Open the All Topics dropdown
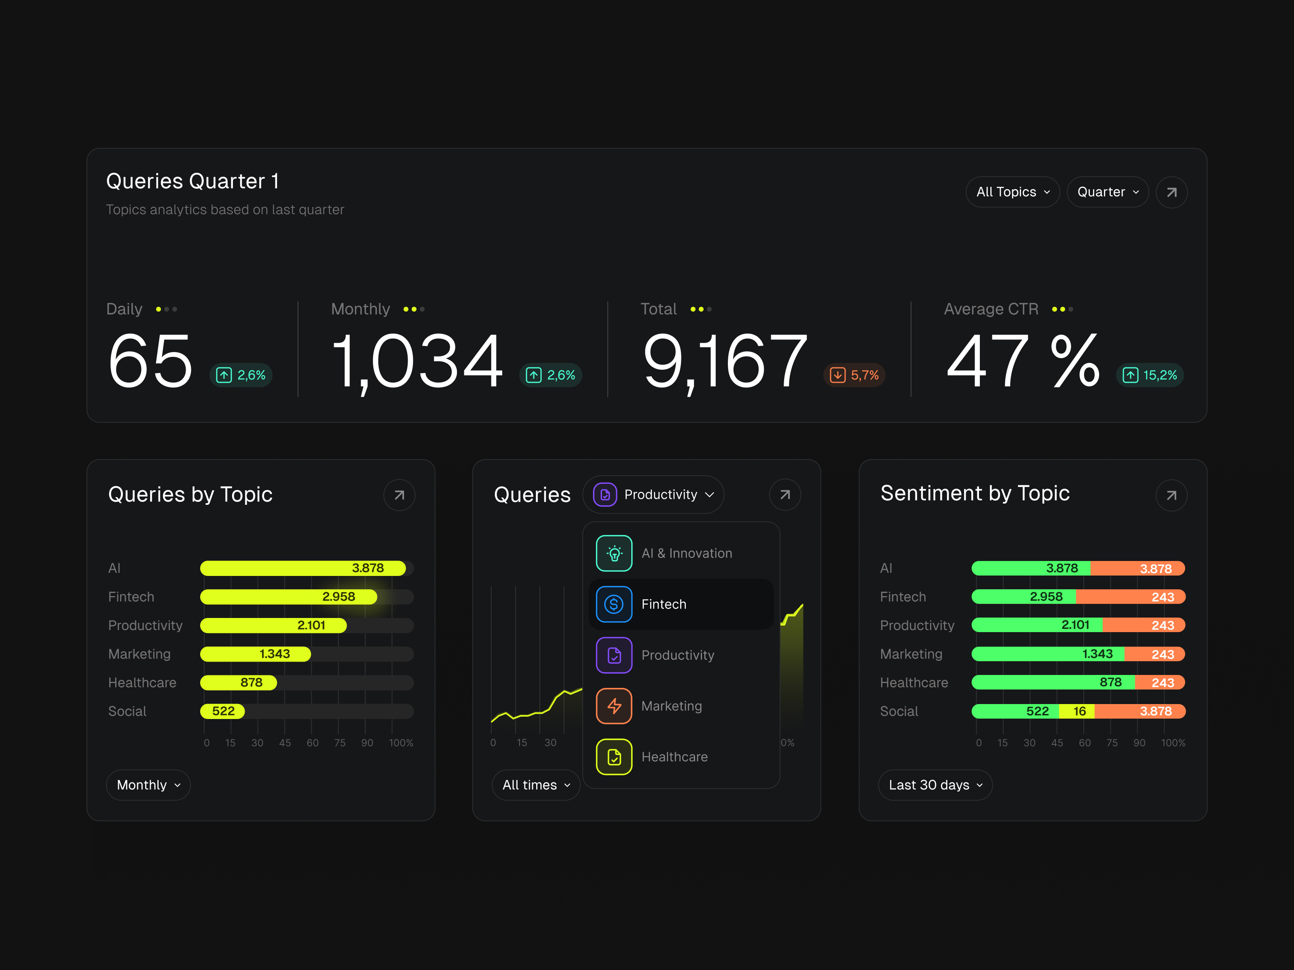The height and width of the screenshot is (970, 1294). coord(1012,192)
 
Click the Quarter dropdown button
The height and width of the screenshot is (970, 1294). coord(1108,192)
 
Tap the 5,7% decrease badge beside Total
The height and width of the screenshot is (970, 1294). coord(854,375)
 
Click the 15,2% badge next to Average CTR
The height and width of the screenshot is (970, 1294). coord(1150,375)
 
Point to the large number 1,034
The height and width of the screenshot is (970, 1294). coord(417,361)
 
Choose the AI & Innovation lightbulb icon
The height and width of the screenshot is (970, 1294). coord(614,553)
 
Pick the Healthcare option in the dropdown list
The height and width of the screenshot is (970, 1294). coord(674,757)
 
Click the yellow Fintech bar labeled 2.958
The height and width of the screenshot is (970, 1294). coord(288,597)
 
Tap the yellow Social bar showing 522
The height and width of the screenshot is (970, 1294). coord(222,711)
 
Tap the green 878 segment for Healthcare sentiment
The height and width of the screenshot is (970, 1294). coord(1053,682)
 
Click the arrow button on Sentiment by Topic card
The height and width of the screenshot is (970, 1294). coord(1171,495)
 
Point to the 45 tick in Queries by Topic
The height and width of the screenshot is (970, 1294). coord(285,742)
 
